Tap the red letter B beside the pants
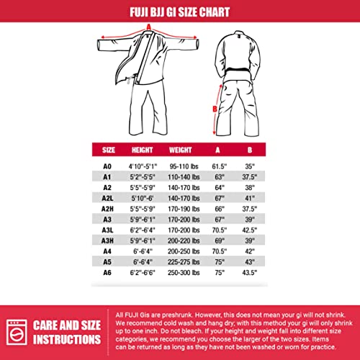click(x=214, y=109)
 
